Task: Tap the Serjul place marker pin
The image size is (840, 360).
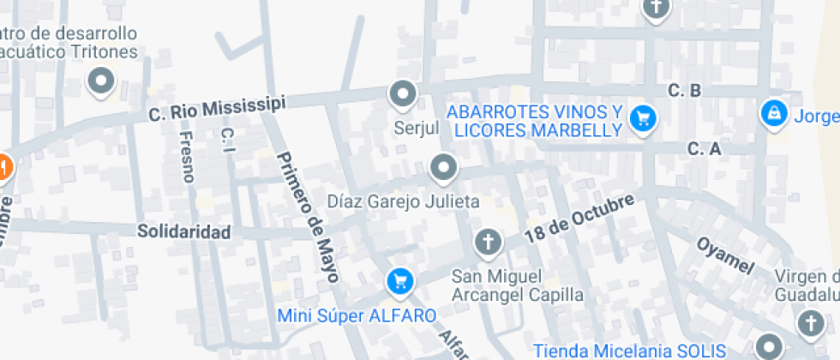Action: coord(402,93)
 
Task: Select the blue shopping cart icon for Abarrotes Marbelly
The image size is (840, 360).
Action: coord(642,119)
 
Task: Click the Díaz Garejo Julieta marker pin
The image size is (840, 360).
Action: coord(443,168)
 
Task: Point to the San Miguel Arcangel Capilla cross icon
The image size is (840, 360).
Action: coord(488,243)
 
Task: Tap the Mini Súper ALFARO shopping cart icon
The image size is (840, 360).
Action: coord(399,279)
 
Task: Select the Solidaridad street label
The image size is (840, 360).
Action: coord(184,232)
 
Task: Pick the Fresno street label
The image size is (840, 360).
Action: coord(188,157)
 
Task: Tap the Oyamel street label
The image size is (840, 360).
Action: coord(724,255)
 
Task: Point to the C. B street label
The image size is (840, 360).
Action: coord(685,90)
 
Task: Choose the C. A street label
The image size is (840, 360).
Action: coord(704,149)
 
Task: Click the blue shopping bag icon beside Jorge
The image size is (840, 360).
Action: coord(773,113)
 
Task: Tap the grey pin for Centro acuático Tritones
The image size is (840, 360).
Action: coord(102,82)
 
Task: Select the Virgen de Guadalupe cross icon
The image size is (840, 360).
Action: coord(809,324)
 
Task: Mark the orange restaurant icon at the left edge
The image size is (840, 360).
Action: coord(3,165)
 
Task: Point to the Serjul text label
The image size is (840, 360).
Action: coord(416,128)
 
